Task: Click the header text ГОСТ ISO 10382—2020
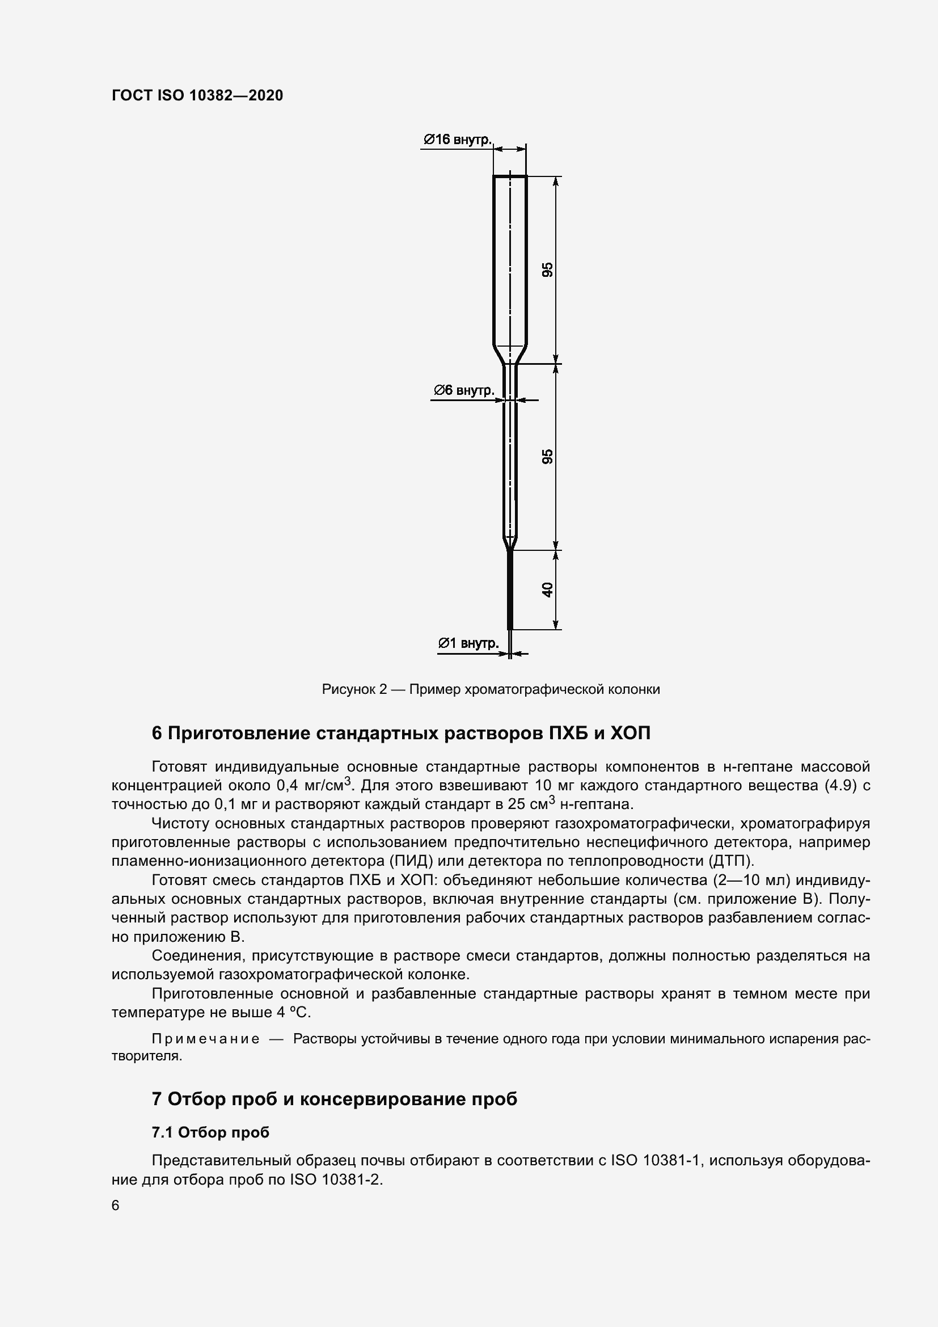197,95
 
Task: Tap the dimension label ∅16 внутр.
457,140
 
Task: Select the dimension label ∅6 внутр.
464,390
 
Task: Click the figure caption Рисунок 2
353,689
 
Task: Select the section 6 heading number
157,734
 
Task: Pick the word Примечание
205,1039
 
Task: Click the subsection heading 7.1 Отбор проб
210,1132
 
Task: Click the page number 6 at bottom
116,1206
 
